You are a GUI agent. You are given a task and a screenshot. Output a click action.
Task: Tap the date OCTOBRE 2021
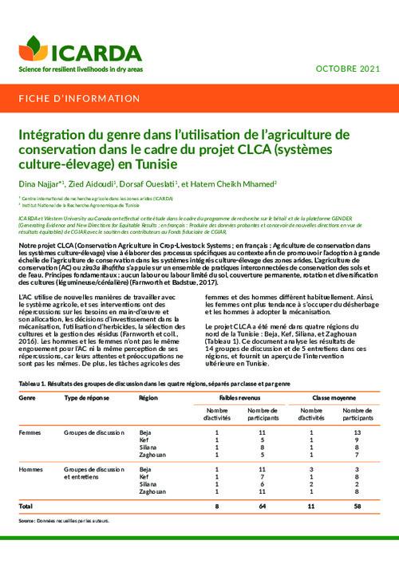click(349, 70)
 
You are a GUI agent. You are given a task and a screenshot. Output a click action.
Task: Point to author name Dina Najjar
click(35, 183)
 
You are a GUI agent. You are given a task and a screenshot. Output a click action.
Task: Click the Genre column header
click(26, 396)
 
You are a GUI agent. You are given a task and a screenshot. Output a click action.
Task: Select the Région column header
click(148, 396)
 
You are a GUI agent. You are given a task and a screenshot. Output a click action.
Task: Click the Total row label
click(26, 507)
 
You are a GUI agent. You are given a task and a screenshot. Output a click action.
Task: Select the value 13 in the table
click(358, 432)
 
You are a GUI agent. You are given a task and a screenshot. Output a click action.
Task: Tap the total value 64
click(262, 507)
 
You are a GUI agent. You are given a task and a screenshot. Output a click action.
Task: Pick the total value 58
click(358, 507)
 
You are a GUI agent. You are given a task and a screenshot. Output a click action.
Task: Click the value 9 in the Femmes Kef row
click(358, 440)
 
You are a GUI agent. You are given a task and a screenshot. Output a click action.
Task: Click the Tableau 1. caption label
click(31, 383)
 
